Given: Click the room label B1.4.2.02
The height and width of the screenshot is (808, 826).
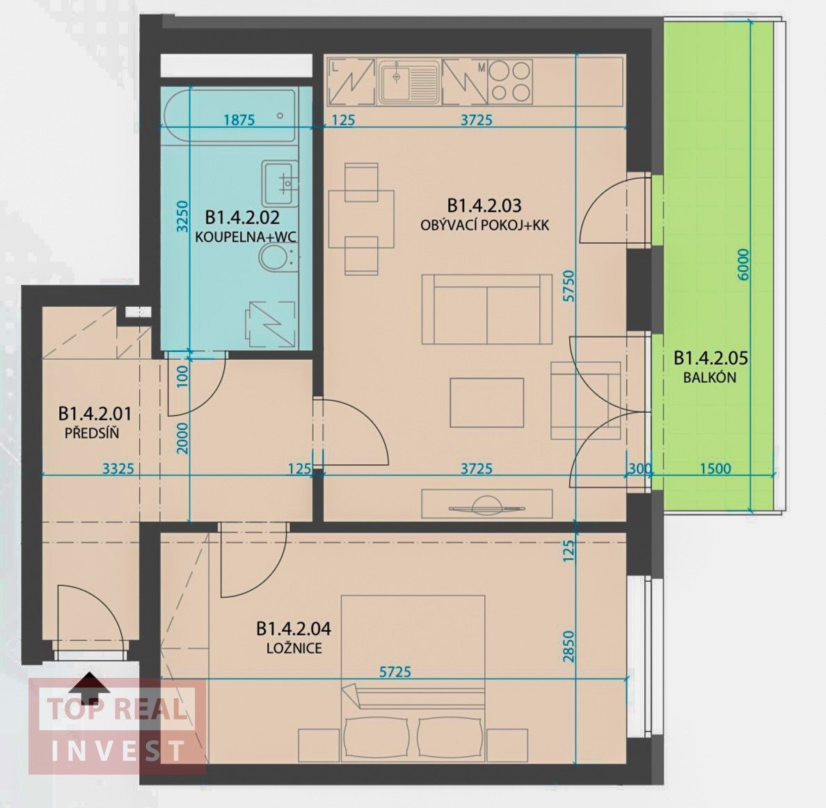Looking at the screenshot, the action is pyautogui.click(x=242, y=217).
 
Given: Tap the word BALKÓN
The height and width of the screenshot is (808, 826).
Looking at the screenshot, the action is pyautogui.click(x=710, y=378).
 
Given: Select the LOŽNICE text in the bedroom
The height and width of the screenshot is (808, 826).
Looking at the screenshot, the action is pyautogui.click(x=294, y=647).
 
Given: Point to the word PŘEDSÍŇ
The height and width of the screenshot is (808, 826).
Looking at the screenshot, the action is pyautogui.click(x=92, y=434).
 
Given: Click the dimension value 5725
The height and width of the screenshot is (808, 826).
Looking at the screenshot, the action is pyautogui.click(x=395, y=672).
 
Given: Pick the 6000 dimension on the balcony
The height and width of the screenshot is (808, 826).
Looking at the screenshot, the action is pyautogui.click(x=743, y=265).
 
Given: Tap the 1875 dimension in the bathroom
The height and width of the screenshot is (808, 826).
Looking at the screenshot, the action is pyautogui.click(x=239, y=120).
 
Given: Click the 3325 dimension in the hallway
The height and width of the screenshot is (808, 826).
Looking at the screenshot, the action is pyautogui.click(x=118, y=468).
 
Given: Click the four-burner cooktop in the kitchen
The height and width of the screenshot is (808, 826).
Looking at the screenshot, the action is pyautogui.click(x=509, y=82).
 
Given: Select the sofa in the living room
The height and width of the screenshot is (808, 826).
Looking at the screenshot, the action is pyautogui.click(x=487, y=309).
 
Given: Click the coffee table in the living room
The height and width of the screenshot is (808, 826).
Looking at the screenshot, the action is pyautogui.click(x=486, y=402).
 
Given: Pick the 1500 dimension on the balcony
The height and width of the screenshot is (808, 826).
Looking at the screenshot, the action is pyautogui.click(x=716, y=468).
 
